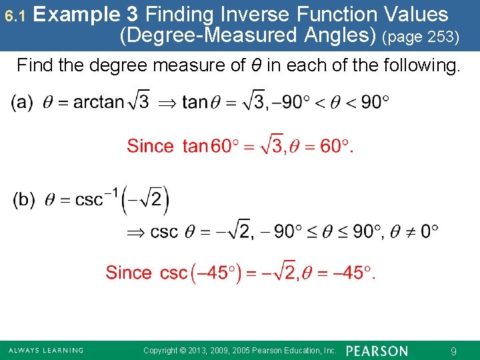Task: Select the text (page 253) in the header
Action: coord(421,37)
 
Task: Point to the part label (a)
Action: coord(22,102)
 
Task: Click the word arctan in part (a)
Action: coord(99,102)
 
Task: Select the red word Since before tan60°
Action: coord(151,146)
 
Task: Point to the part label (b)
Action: coord(24,200)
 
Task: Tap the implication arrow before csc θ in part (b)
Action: coord(136,232)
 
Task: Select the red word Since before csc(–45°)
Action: coord(129,273)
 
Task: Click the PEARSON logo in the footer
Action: coord(377,351)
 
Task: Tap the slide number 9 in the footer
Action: coord(453,351)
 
